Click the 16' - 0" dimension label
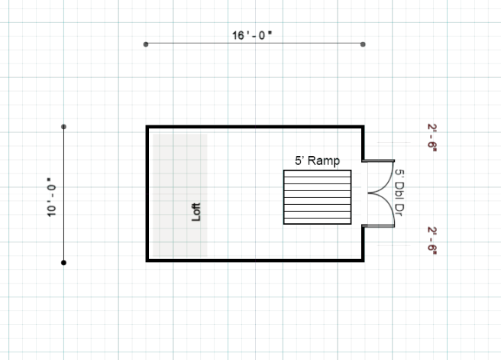[252, 35]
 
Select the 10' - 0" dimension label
[51, 197]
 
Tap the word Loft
[196, 212]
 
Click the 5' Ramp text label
[317, 161]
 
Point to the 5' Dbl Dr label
[399, 193]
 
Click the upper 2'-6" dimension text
[432, 138]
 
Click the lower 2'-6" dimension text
[432, 241]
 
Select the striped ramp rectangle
[317, 197]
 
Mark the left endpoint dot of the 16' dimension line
[146, 44]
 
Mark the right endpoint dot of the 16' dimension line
[363, 44]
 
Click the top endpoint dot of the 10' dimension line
[63, 127]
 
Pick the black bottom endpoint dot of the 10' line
[63, 263]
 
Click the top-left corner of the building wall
[147, 127]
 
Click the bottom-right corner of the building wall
[363, 261]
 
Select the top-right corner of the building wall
[363, 127]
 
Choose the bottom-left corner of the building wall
[147, 261]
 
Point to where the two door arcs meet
[368, 193]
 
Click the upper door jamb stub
[378, 161]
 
